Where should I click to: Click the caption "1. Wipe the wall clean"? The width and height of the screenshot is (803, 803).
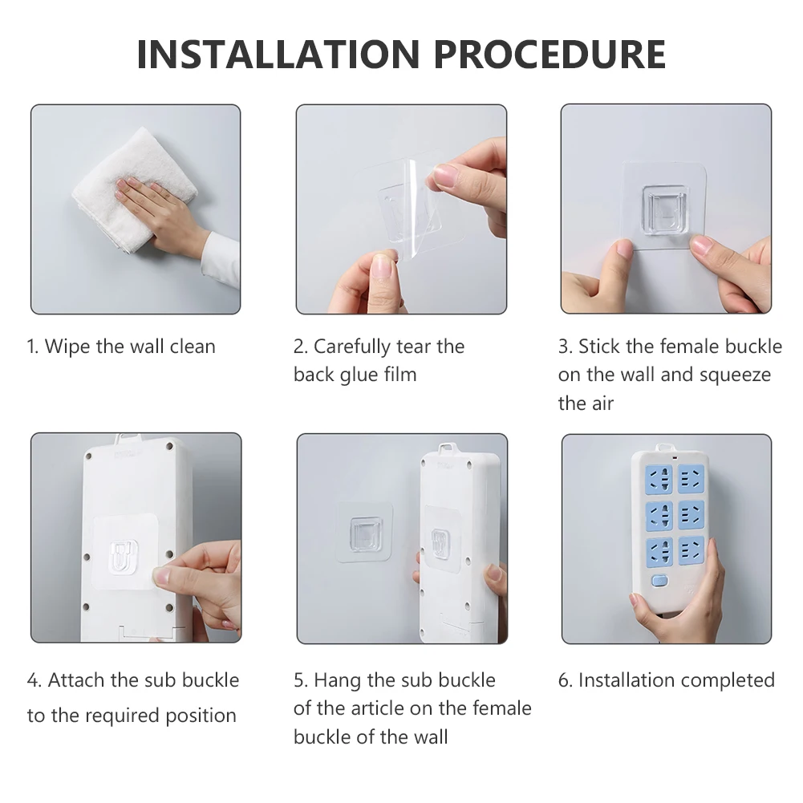(x=121, y=347)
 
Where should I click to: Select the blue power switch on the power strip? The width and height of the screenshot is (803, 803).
(x=660, y=582)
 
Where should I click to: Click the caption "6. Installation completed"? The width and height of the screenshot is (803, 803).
(x=667, y=680)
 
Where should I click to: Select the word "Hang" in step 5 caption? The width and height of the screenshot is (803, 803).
(x=338, y=680)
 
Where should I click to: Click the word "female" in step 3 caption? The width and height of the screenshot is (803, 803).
(x=690, y=347)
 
